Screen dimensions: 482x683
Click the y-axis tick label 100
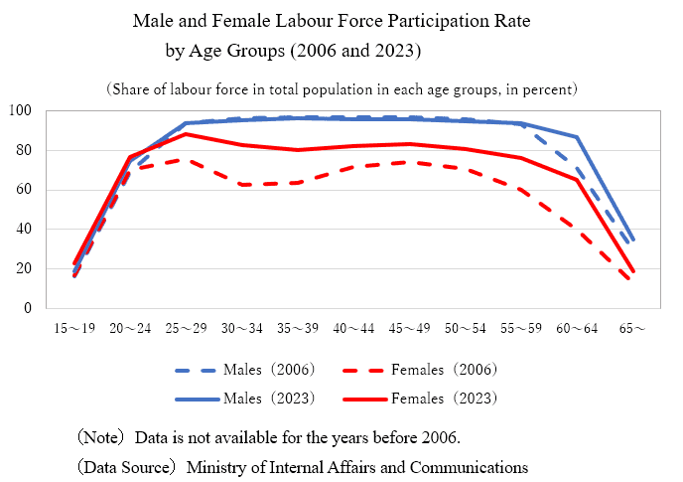pyautogui.click(x=22, y=110)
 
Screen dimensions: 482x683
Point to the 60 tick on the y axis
pyautogui.click(x=25, y=190)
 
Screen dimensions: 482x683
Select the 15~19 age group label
pyautogui.click(x=75, y=328)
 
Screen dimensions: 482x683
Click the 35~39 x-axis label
pyautogui.click(x=298, y=328)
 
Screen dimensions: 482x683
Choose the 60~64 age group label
pyautogui.click(x=576, y=328)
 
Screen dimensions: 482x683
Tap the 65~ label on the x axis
pyautogui.click(x=632, y=328)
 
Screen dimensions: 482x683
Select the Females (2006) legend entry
pyautogui.click(x=443, y=370)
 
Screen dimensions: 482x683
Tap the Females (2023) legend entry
pyautogui.click(x=443, y=399)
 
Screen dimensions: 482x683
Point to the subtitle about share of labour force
pyautogui.click(x=341, y=89)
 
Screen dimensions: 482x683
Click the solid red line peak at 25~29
pyautogui.click(x=187, y=133)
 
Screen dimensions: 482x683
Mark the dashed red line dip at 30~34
pyautogui.click(x=242, y=184)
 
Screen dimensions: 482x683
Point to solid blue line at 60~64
pyautogui.click(x=576, y=137)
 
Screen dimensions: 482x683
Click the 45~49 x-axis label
pyautogui.click(x=409, y=328)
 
